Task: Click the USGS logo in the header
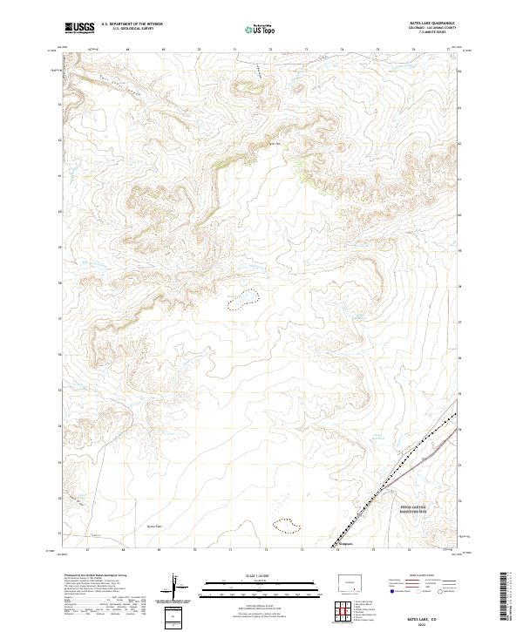coord(79,28)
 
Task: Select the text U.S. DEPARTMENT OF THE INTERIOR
coord(131,24)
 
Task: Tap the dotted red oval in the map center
coord(242,301)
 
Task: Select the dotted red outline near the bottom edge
coord(286,525)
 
